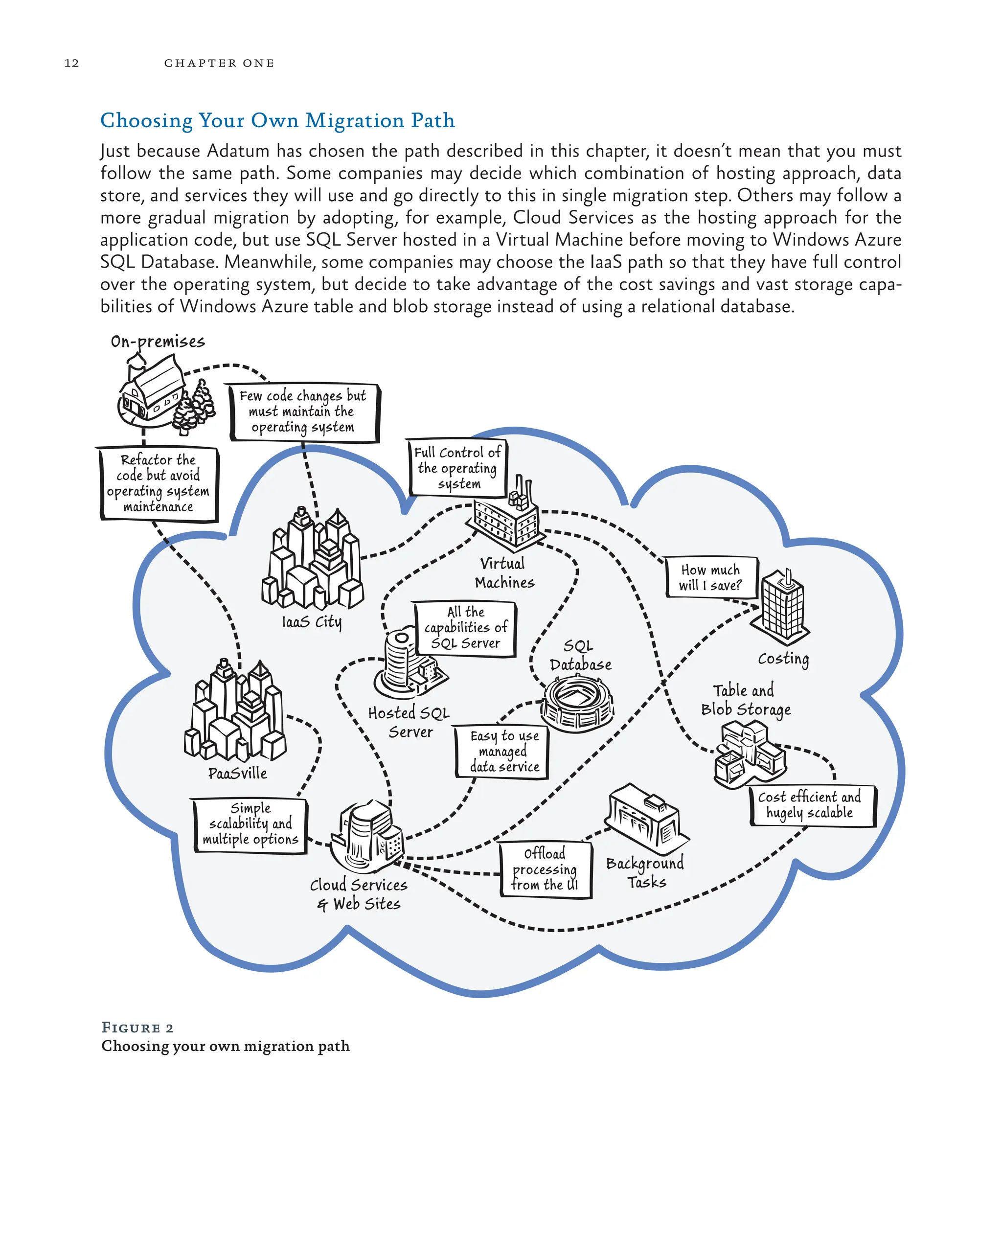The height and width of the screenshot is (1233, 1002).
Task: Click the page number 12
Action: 71,63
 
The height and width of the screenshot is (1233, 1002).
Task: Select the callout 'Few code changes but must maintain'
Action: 304,411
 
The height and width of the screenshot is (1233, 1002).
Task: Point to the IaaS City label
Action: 312,622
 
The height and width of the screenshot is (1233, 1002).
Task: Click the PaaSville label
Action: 237,773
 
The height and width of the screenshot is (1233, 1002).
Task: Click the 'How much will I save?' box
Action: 710,577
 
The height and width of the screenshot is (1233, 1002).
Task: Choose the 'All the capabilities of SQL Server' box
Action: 465,628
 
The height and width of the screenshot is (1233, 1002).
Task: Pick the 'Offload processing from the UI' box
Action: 546,869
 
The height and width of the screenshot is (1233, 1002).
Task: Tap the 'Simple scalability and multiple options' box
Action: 250,824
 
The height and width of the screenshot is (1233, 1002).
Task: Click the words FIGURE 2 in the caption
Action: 137,1027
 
